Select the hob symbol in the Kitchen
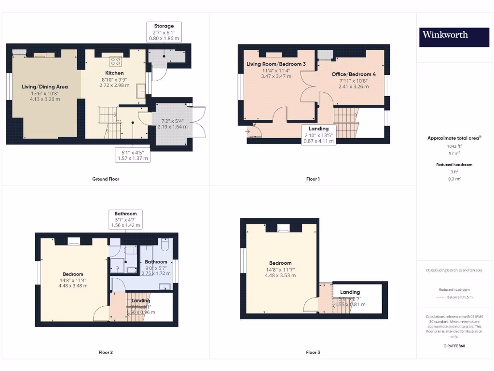point(116,61)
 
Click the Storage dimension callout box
point(164,32)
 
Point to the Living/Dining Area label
point(45,87)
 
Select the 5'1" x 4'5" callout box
point(132,155)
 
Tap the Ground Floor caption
point(106,179)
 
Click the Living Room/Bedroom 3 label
point(276,64)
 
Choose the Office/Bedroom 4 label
point(354,74)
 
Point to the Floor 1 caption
point(313,179)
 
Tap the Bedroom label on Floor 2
point(73,274)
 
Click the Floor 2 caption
point(105,353)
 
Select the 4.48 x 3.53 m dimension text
point(280,275)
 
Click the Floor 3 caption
point(313,353)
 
